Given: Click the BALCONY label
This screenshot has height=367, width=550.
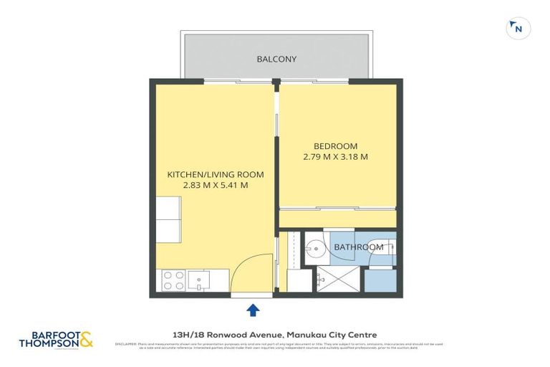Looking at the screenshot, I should (x=276, y=59).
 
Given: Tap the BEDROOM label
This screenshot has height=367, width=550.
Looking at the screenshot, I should (x=335, y=146).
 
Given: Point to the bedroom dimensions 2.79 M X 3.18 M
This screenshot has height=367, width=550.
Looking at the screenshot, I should (x=335, y=157).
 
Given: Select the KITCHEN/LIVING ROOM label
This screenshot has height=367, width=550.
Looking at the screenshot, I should (x=216, y=174).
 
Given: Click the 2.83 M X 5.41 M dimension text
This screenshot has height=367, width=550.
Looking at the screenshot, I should (x=216, y=185).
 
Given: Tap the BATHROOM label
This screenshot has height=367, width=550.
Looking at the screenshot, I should (x=359, y=247).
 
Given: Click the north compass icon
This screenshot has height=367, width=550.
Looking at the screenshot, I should (x=518, y=28).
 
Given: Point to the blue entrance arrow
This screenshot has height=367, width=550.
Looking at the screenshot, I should (x=253, y=309).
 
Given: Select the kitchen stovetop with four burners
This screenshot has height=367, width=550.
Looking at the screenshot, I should (x=173, y=280).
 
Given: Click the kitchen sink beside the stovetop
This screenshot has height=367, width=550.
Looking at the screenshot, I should (x=198, y=278).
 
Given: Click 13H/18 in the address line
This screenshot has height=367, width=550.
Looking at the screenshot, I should (x=183, y=334).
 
